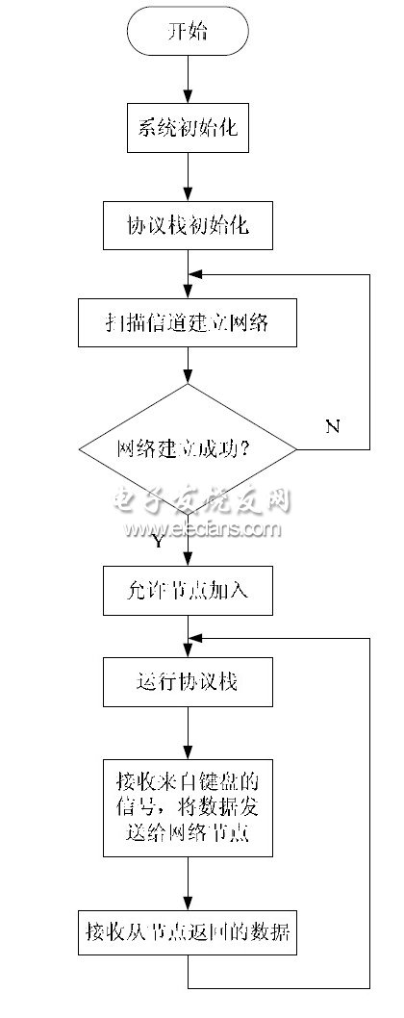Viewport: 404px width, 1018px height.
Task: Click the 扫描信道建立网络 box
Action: tap(188, 324)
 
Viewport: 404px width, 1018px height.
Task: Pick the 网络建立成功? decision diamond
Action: tap(188, 448)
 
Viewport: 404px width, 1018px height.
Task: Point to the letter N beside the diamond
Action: tap(332, 426)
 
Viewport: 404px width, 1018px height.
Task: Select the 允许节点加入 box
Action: tap(189, 590)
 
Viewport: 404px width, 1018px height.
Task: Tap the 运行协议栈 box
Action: tap(189, 683)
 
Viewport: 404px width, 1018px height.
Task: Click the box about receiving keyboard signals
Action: tap(189, 806)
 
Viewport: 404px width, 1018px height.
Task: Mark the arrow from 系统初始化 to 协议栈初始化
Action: tap(189, 177)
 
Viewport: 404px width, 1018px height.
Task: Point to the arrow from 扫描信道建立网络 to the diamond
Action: tap(189, 366)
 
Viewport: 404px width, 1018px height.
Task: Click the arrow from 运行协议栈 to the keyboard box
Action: tap(189, 731)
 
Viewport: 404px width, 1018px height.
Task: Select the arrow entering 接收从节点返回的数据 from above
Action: tap(189, 880)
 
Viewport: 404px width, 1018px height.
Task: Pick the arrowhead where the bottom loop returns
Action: tap(196, 637)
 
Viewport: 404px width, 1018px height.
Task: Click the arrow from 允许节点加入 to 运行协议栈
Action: tap(189, 637)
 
